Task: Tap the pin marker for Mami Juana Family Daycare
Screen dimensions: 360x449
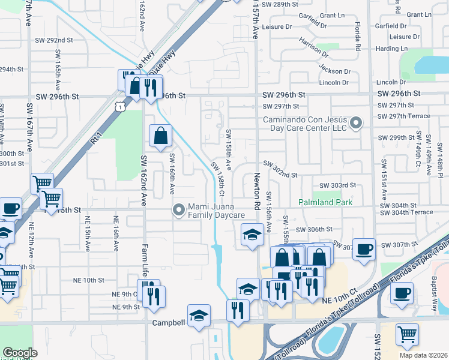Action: point(178,210)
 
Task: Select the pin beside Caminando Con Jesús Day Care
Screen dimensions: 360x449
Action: point(356,124)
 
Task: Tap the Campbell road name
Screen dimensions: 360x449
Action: point(167,322)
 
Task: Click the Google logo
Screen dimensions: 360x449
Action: point(20,352)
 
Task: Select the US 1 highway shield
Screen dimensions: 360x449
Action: point(121,106)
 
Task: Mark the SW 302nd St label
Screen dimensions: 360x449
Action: point(280,175)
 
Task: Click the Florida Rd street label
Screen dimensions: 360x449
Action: point(357,37)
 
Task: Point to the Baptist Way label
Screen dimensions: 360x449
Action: point(434,296)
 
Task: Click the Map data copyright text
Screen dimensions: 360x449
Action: point(423,355)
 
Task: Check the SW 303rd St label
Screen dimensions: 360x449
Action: point(338,186)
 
